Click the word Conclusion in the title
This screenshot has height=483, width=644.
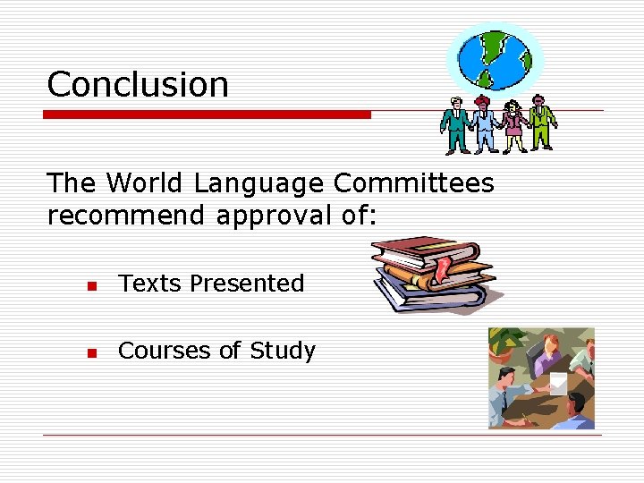(x=138, y=85)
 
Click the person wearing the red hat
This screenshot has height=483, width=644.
(x=484, y=124)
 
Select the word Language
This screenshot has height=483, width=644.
(x=259, y=183)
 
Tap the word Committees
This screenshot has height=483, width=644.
(x=413, y=183)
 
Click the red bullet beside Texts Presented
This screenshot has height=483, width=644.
(x=90, y=286)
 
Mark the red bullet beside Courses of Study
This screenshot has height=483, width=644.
(x=90, y=353)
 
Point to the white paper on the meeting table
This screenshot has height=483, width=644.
(x=558, y=384)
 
